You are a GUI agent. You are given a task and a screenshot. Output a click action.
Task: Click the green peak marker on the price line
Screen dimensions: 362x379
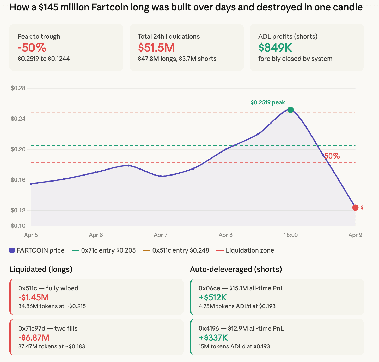[x=290, y=110]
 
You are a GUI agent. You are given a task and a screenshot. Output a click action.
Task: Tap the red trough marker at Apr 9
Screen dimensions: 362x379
[x=355, y=207]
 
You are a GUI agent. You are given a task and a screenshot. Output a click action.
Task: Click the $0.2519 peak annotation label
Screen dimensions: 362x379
[x=268, y=102]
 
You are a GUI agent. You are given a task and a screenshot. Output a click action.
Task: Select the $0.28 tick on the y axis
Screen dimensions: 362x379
[x=18, y=88]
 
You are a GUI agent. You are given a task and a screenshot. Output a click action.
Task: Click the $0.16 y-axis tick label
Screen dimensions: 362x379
[x=18, y=180]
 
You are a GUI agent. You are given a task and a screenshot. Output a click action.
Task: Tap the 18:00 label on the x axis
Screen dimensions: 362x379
[x=290, y=235]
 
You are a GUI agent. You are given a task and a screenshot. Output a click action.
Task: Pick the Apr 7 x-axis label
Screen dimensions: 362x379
[x=161, y=235]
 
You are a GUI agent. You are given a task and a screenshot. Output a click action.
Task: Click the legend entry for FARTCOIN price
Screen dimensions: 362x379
[x=37, y=250]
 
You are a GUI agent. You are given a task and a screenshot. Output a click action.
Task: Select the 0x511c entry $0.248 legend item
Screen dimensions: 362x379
[x=176, y=250]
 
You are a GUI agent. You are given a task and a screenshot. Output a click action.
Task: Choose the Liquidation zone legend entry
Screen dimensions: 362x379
[x=245, y=250]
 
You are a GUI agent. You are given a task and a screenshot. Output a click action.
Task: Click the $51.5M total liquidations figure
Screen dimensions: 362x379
[x=156, y=48]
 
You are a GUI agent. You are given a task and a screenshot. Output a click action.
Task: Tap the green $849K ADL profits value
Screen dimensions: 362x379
[x=275, y=48]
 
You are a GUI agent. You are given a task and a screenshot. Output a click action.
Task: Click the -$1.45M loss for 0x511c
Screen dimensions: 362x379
[x=33, y=297]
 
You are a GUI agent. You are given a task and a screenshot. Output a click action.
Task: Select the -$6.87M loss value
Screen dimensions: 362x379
[x=34, y=337]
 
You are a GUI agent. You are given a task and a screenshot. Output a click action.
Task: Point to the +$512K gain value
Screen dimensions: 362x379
[x=213, y=297]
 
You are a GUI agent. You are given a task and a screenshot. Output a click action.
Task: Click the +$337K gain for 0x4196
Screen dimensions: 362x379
[x=213, y=337]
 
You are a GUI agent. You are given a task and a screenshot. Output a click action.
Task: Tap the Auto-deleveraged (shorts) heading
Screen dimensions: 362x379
[x=236, y=269]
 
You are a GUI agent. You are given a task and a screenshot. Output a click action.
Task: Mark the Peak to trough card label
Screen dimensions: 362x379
[x=39, y=37]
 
